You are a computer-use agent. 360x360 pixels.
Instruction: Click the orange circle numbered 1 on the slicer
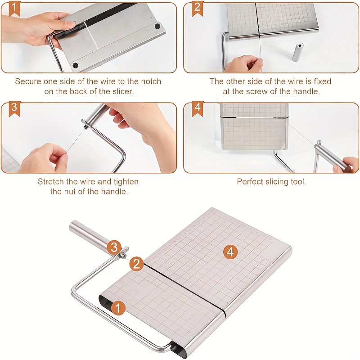(117, 308)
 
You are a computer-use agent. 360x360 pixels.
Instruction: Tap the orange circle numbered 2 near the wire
(137, 264)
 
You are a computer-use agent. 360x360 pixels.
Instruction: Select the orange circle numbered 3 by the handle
(114, 247)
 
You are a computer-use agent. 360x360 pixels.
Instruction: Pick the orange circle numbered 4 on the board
(230, 252)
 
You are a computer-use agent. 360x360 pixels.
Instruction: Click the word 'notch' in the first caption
(149, 81)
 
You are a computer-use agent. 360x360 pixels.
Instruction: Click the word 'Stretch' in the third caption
(51, 181)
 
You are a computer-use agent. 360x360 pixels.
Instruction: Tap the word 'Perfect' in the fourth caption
(251, 182)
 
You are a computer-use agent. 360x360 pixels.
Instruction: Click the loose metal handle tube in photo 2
(298, 52)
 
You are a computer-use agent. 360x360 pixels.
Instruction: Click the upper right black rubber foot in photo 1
(157, 27)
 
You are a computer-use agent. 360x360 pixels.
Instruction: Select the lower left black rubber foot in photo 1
(75, 66)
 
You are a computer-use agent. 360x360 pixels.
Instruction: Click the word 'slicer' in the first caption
(121, 91)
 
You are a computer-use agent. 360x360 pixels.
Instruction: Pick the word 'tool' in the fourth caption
(298, 182)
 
